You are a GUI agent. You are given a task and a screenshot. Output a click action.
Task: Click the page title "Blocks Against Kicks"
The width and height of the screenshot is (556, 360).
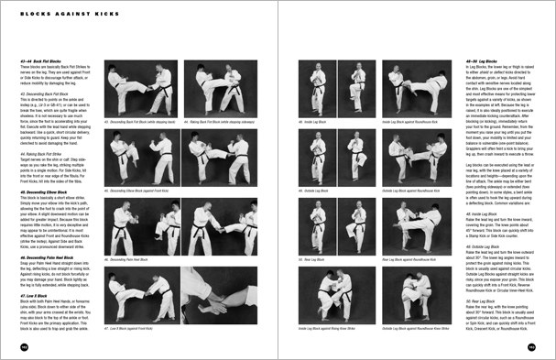click(x=55, y=13)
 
